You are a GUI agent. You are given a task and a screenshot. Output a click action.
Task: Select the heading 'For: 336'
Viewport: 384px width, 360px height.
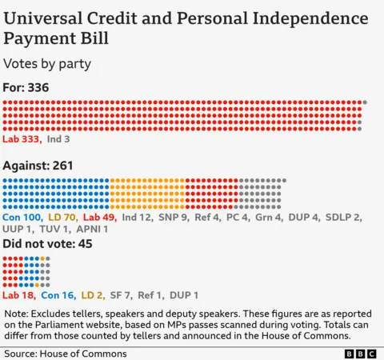point(27,87)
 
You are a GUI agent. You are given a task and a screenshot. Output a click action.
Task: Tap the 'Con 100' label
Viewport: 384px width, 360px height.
point(23,217)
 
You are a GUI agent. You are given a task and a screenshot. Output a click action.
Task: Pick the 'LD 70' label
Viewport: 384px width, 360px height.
point(63,217)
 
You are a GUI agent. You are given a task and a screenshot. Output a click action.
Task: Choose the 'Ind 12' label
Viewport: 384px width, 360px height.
point(138,217)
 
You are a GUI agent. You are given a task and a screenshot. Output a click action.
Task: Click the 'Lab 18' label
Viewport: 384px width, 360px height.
point(20,295)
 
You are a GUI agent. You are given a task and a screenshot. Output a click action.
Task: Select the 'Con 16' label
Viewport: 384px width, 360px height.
point(58,295)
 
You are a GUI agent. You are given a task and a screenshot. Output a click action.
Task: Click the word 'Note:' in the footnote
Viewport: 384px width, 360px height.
point(19,314)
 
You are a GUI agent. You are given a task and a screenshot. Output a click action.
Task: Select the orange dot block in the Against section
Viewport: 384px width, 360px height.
point(147,194)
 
